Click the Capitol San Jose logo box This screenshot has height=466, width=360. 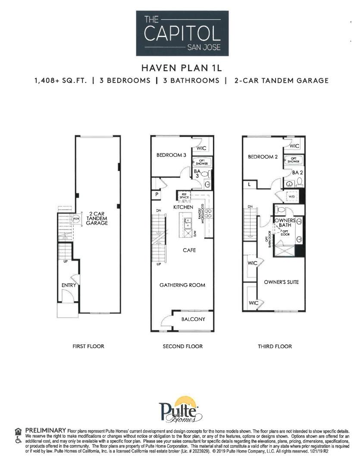182,33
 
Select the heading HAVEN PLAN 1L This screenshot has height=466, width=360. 182,68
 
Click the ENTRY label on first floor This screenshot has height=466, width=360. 69,285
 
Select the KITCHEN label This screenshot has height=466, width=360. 183,208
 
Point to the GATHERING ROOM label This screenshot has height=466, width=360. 182,285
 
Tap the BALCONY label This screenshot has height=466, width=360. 193,319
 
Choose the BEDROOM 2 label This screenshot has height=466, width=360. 263,157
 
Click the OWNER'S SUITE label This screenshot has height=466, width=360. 281,282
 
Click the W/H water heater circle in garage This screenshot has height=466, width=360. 76,219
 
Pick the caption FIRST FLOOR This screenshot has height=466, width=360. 88,346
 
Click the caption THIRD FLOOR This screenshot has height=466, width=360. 275,346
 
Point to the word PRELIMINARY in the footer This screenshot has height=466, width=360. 45,431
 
